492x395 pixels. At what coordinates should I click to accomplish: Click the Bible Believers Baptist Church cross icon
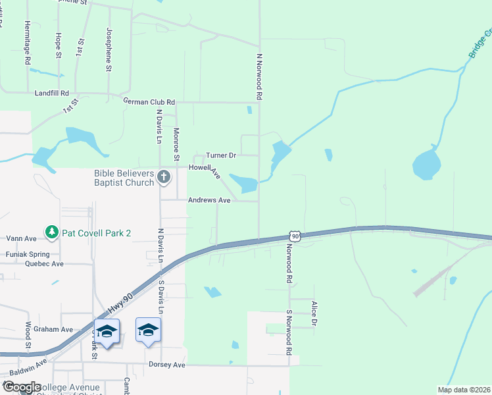164,176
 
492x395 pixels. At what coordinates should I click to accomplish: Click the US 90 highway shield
295,236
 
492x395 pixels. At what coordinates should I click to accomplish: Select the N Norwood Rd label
260,77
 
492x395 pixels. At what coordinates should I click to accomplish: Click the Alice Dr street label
314,314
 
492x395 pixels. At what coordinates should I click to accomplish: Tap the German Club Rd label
149,102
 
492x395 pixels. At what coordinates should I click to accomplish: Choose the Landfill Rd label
51,93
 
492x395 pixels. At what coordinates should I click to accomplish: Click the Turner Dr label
220,155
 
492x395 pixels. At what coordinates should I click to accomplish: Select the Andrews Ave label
209,200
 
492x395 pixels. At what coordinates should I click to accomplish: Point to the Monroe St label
176,144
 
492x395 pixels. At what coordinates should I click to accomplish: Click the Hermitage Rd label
28,42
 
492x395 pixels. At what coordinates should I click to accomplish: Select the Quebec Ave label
44,263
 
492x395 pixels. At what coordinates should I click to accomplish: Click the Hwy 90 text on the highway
117,303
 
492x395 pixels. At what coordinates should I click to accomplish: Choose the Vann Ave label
21,238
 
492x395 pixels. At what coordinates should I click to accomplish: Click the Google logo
22,387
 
